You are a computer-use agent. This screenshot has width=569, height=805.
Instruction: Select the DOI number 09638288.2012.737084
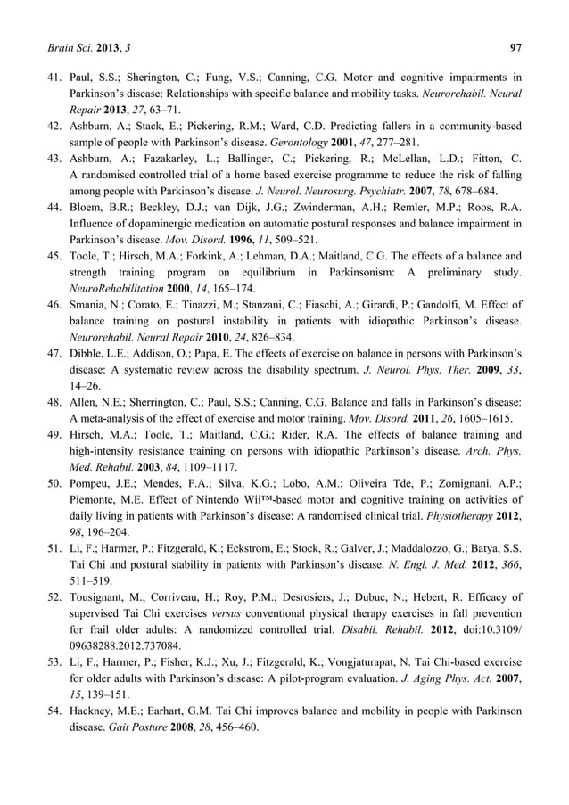pos(126,646)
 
